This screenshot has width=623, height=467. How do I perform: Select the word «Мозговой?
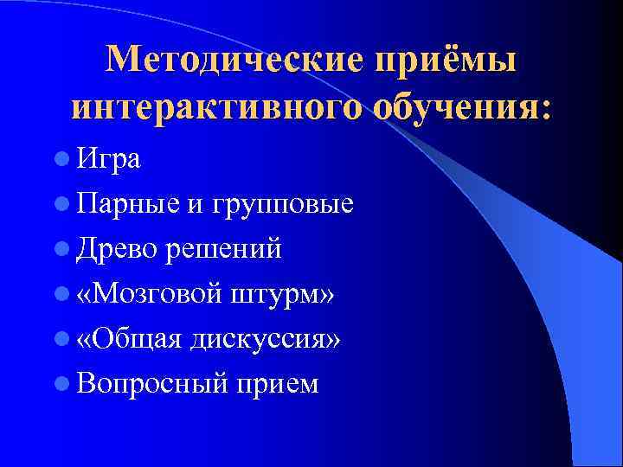149,294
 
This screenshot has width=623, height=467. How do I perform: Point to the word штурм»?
284,295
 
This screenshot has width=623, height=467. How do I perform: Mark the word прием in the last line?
273,384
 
